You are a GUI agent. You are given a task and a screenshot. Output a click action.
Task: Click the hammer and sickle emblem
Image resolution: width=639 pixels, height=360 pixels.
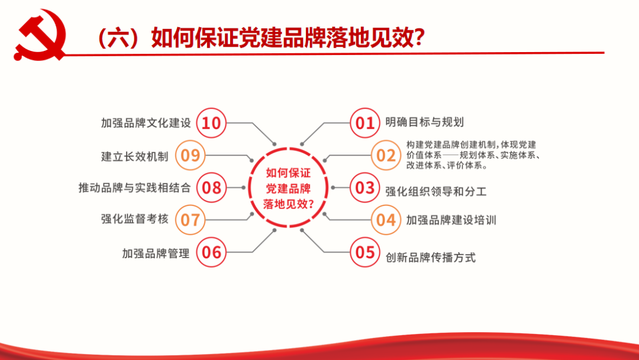[x=40, y=36]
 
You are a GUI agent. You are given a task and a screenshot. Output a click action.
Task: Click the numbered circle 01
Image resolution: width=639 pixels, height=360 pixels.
[x=364, y=123]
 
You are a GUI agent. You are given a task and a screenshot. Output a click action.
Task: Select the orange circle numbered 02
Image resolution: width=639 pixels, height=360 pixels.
[x=386, y=155]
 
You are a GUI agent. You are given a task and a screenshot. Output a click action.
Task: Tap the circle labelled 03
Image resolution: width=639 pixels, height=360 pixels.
[x=364, y=188]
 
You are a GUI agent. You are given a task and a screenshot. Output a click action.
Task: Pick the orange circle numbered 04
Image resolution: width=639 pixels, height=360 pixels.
[x=386, y=220]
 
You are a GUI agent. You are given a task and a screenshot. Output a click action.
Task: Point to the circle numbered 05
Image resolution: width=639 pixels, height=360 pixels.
[x=364, y=252]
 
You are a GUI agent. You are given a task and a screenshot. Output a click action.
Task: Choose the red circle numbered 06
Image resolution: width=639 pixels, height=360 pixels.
[x=211, y=252]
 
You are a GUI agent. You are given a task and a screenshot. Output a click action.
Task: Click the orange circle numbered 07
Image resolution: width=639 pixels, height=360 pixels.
[x=191, y=220]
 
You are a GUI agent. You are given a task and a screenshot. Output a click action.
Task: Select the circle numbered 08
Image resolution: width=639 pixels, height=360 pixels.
[x=211, y=188]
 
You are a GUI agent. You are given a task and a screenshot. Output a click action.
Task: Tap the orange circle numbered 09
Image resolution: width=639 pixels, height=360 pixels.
[x=191, y=155]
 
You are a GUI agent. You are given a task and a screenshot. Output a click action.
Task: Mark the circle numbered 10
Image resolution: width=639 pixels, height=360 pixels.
[x=211, y=123]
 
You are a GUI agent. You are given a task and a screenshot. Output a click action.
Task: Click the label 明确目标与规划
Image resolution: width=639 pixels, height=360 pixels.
[x=425, y=122]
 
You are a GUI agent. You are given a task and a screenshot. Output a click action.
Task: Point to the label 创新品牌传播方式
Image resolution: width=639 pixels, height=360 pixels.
[x=430, y=257]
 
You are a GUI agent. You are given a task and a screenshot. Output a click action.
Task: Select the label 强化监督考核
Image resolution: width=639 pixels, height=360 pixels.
[x=134, y=219]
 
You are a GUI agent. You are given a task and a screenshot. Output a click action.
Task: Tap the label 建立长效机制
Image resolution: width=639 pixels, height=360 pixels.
[x=134, y=156]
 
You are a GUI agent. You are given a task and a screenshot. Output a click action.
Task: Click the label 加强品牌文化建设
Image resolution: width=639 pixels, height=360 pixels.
[x=146, y=123]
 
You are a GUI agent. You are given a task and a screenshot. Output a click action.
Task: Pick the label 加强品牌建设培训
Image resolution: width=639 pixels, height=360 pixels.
[x=451, y=220]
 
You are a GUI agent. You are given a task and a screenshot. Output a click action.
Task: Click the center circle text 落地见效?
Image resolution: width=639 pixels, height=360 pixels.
[x=289, y=204]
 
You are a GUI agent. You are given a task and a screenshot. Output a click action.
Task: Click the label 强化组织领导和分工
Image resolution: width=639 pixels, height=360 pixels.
[x=436, y=191]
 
